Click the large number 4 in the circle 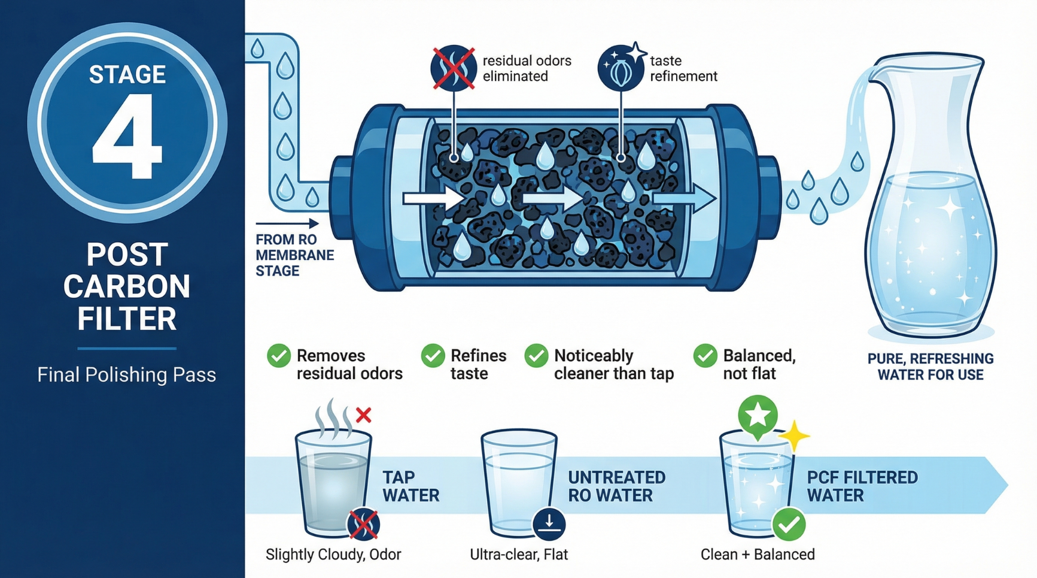[127, 137]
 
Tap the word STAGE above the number [127, 74]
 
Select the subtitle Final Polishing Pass [126, 375]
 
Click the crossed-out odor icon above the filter [454, 68]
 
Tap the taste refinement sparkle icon [621, 68]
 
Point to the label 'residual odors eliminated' [526, 68]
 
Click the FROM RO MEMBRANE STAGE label [294, 255]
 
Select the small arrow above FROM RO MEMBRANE [287, 224]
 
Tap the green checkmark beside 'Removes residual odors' [279, 356]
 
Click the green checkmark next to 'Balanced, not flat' [705, 356]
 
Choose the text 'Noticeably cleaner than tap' [613, 364]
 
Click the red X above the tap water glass [363, 414]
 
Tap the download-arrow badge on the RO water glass [549, 523]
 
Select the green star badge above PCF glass [758, 414]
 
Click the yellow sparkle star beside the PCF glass [794, 435]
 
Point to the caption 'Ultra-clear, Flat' [518, 555]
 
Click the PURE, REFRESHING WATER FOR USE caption [930, 367]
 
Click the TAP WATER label [410, 486]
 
